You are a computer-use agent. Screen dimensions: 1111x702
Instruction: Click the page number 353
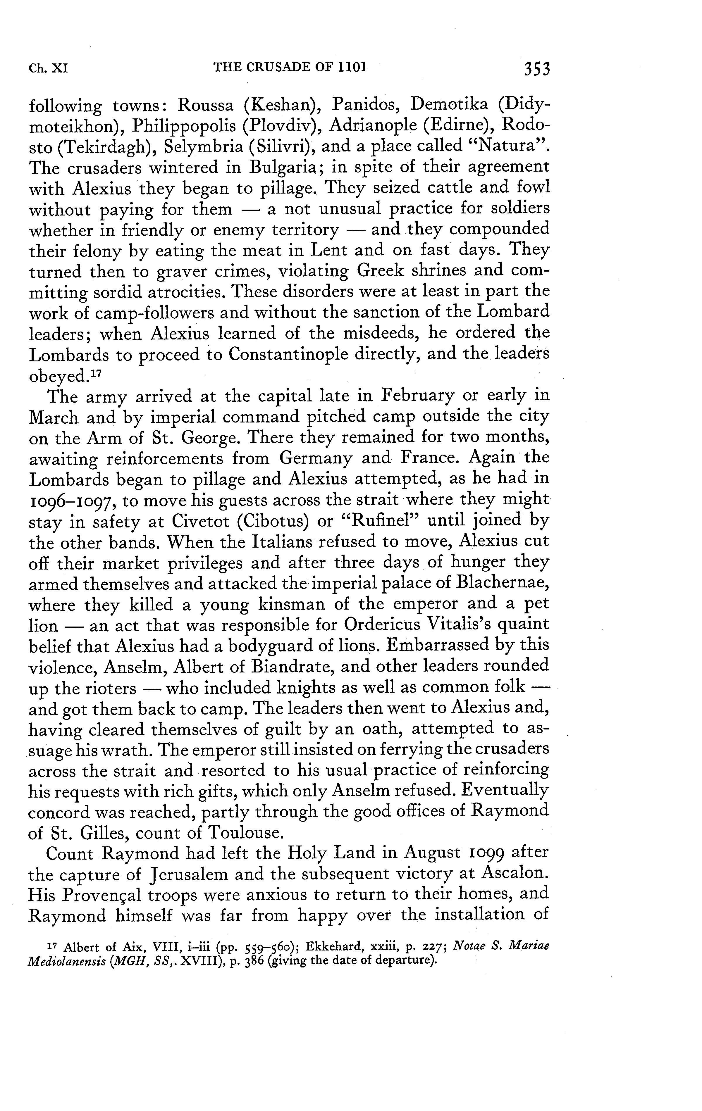coord(537,68)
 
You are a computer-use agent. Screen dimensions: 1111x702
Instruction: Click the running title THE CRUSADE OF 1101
coord(289,67)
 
